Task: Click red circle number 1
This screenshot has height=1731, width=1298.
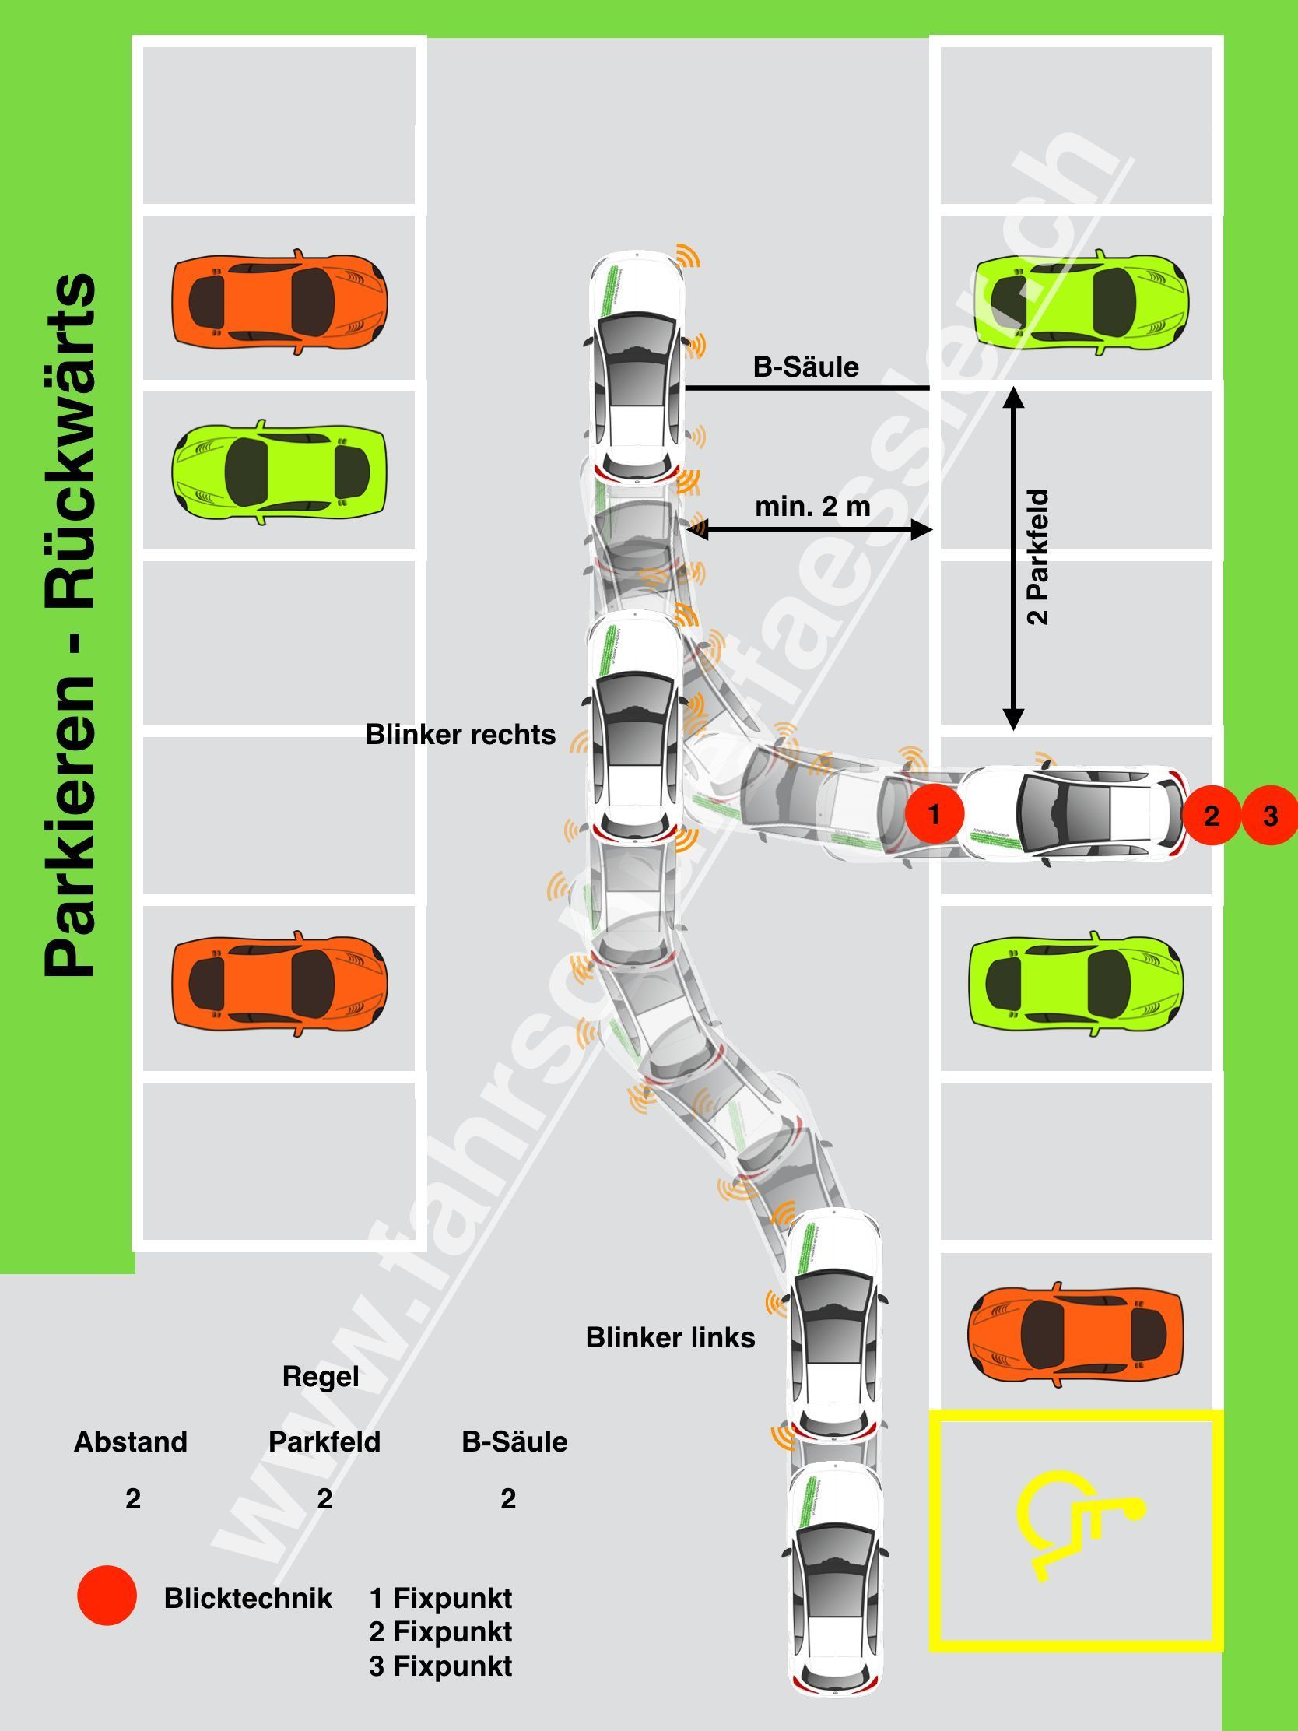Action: (933, 815)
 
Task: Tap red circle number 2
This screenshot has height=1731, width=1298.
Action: (1211, 816)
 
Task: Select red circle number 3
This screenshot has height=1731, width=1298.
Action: (1270, 816)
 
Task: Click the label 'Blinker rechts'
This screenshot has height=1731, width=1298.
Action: (460, 735)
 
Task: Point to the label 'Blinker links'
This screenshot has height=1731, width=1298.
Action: (671, 1337)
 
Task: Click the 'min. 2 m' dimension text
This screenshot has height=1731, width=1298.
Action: (812, 507)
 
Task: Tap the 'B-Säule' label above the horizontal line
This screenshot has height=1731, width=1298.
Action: (806, 367)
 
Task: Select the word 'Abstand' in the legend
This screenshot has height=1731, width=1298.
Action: (131, 1441)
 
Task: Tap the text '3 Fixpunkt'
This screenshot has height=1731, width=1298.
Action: (440, 1666)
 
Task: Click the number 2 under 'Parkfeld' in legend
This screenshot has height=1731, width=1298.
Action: (324, 1498)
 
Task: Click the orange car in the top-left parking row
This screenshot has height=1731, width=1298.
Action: (279, 301)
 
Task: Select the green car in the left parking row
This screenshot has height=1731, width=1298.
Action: (278, 472)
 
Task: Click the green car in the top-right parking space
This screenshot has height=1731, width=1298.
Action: (1081, 301)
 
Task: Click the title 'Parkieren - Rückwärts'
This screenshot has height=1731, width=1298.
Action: (70, 626)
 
